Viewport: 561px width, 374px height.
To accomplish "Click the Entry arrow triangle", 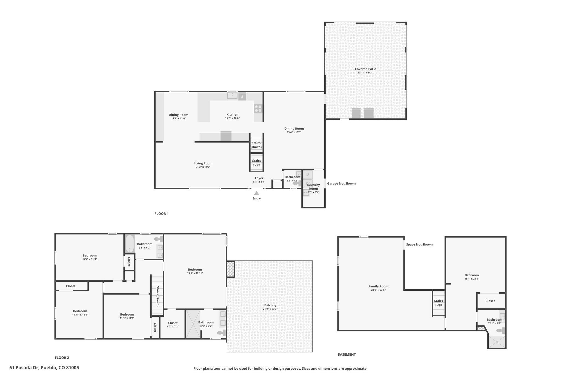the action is click(x=257, y=193).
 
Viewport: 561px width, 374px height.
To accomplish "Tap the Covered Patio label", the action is click(x=365, y=69).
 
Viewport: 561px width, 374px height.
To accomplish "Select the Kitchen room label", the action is click(x=232, y=115).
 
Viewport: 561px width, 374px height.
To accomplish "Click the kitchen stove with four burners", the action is click(x=258, y=109).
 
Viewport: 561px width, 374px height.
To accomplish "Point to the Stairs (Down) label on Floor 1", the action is click(x=256, y=145).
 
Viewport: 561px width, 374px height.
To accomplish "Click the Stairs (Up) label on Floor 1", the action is click(x=256, y=163).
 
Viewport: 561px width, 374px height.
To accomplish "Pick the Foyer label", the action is click(x=259, y=178).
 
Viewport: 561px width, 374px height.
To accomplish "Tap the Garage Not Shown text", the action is click(x=341, y=184).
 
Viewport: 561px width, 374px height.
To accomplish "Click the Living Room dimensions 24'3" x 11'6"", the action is click(x=203, y=167).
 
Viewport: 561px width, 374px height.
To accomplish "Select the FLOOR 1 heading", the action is click(x=162, y=214).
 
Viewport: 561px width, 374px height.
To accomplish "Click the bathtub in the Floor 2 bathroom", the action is click(x=129, y=244).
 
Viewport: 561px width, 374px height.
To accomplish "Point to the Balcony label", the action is click(x=270, y=305).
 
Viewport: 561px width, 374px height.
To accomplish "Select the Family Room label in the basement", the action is click(x=378, y=286).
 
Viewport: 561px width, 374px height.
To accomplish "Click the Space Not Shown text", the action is click(x=419, y=245).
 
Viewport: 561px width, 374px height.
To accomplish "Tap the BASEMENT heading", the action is click(x=347, y=355).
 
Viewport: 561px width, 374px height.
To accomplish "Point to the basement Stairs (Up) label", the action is click(x=439, y=303).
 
